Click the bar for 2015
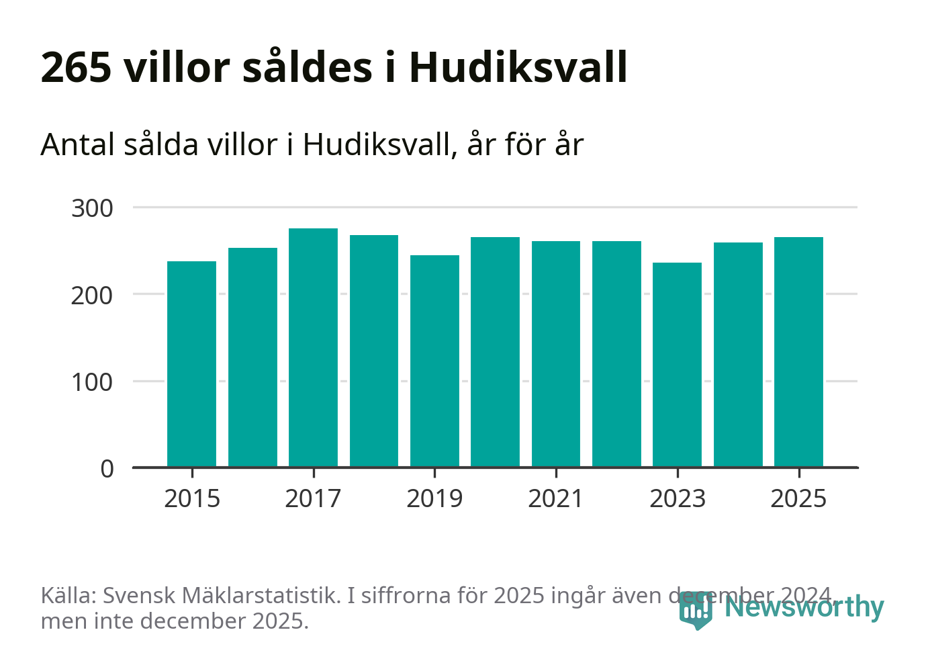[191, 363]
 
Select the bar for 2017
[313, 347]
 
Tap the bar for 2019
[434, 361]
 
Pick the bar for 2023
[677, 364]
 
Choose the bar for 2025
[798, 351]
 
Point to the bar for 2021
[556, 353]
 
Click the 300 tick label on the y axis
[92, 208]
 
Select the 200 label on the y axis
[92, 295]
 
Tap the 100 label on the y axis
[92, 382]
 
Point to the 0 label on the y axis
[107, 469]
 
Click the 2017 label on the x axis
[313, 499]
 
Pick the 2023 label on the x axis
[677, 499]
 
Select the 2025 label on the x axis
[798, 499]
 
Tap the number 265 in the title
[76, 67]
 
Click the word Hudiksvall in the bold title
[518, 67]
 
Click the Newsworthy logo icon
[695, 610]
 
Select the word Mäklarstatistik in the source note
[260, 596]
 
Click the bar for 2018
[374, 351]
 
